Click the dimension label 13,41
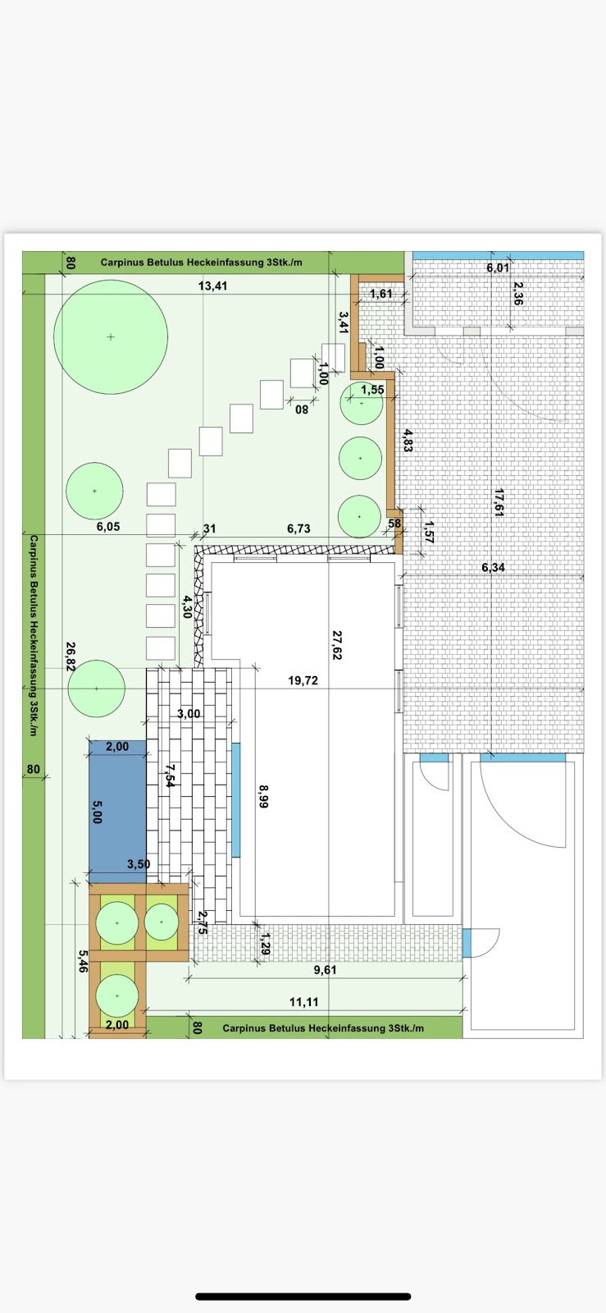click(212, 286)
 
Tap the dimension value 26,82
click(71, 656)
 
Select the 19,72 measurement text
click(303, 680)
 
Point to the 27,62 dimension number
click(337, 645)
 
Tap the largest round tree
click(111, 337)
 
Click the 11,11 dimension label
click(304, 1002)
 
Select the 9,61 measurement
click(325, 970)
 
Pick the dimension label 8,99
click(263, 797)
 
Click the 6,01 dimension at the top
click(498, 268)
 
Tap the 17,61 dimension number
click(499, 502)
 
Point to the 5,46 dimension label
click(83, 961)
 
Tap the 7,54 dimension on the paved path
click(171, 775)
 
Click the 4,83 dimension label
click(408, 441)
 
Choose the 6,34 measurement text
click(493, 567)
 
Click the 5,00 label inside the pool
click(98, 812)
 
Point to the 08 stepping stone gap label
click(302, 409)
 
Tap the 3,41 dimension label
click(344, 323)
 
